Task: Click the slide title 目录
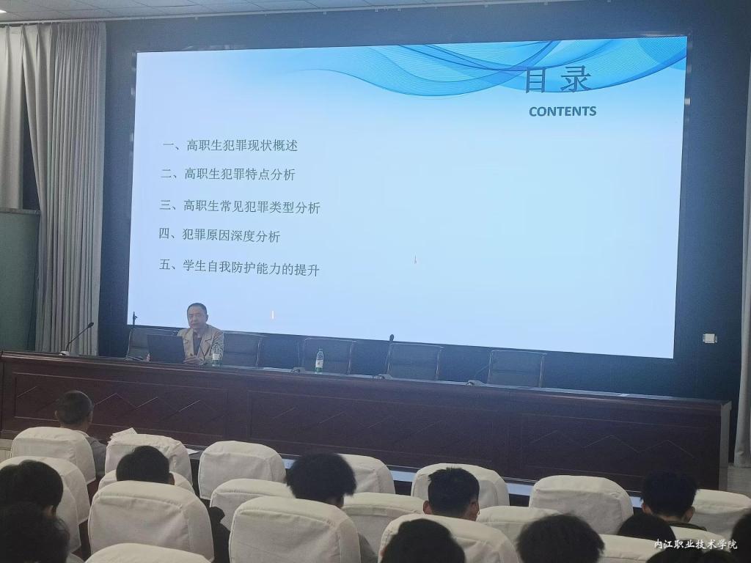[558, 80]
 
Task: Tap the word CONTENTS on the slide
[563, 111]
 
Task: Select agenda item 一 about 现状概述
[230, 145]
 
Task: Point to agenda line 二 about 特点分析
[228, 174]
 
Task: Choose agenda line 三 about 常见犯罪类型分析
[240, 207]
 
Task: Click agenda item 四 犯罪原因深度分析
[219, 235]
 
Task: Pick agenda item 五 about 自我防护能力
[239, 267]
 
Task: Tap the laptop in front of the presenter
[166, 348]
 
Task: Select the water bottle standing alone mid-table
[320, 361]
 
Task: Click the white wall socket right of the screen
[709, 338]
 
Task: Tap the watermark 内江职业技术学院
[695, 544]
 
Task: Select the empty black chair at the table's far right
[516, 368]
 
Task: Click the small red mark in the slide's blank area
[415, 260]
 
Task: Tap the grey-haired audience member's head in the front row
[74, 408]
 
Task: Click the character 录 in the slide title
[576, 79]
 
